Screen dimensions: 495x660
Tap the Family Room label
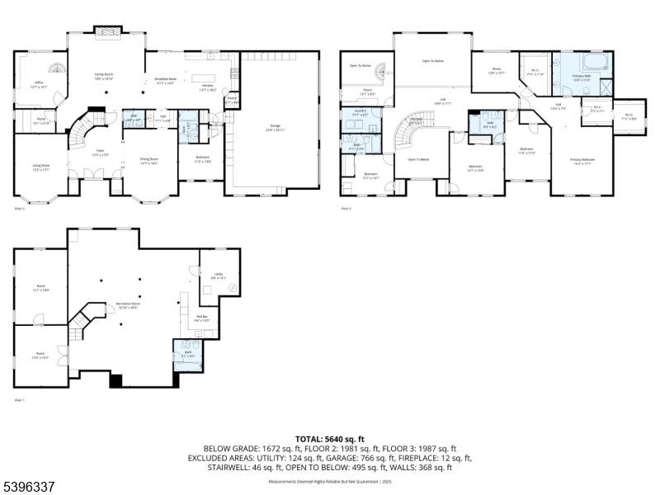[x=104, y=76]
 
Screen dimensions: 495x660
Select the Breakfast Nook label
[x=166, y=81]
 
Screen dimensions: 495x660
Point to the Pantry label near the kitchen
[x=233, y=100]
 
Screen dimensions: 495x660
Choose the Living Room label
[x=40, y=167]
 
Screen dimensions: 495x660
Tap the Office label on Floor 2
[x=38, y=84]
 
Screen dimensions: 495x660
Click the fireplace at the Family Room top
[x=107, y=32]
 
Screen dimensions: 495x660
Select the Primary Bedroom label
[x=582, y=161]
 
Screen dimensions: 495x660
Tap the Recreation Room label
[x=128, y=305]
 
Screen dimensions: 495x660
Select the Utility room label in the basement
[x=218, y=278]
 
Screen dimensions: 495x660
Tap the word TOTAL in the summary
[x=312, y=439]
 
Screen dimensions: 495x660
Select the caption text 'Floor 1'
[x=20, y=400]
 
